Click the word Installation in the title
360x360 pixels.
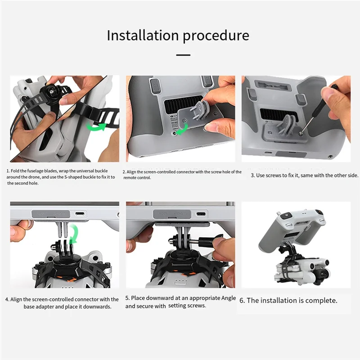143,36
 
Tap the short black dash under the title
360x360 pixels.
183,55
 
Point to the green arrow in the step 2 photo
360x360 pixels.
182,130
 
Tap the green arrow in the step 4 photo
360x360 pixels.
74,234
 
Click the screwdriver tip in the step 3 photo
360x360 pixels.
301,132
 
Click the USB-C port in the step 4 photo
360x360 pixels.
80,214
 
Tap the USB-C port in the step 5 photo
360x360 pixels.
201,214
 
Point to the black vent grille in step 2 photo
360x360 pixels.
183,105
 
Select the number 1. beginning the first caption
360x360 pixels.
8,171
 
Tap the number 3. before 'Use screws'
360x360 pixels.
253,175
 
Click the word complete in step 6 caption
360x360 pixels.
321,301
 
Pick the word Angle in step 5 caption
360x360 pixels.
229,298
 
